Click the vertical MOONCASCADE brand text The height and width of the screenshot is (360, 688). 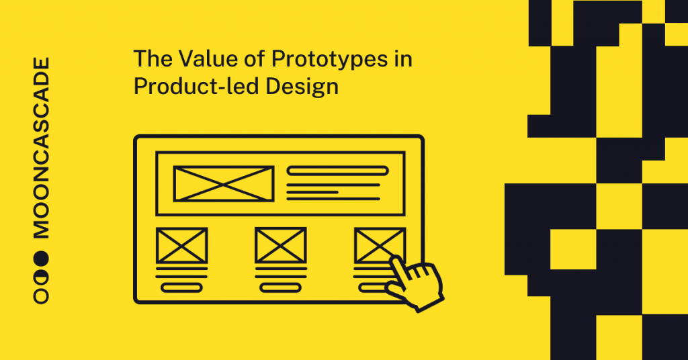pos(42,148)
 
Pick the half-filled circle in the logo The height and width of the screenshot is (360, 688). pos(42,276)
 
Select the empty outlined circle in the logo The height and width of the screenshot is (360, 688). pos(42,296)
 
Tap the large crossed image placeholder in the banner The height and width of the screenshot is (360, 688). pos(223,183)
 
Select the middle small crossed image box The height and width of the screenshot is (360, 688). pos(280,245)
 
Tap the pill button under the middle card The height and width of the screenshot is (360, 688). pos(280,287)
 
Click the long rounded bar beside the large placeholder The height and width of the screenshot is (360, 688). pos(337,171)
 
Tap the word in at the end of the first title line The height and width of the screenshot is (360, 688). pos(403,60)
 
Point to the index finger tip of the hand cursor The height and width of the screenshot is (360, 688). pos(394,260)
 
